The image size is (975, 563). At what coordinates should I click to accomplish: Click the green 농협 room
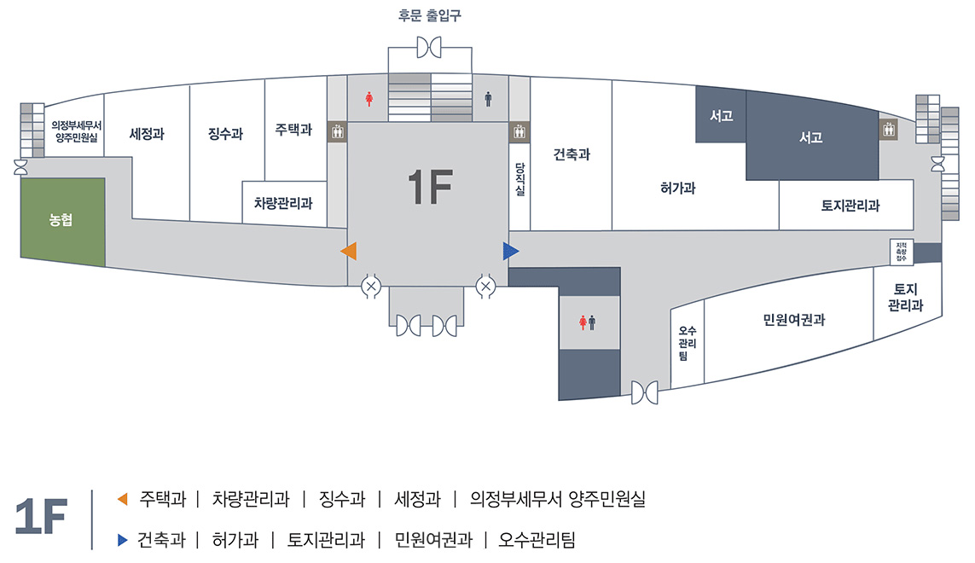(x=63, y=222)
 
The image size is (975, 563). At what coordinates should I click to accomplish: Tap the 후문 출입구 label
(x=430, y=15)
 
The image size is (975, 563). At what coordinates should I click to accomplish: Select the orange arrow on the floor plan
(x=349, y=251)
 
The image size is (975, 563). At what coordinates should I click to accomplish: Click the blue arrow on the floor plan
(x=510, y=251)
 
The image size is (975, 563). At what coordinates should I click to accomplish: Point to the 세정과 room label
(x=147, y=134)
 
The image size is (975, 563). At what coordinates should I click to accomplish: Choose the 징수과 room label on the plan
(x=225, y=134)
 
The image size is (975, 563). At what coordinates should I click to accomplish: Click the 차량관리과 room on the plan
(x=283, y=203)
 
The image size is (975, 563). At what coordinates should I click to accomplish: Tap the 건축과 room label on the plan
(x=572, y=154)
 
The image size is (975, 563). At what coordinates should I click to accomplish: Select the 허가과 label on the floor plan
(x=678, y=188)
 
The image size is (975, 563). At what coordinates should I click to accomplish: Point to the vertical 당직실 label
(x=519, y=179)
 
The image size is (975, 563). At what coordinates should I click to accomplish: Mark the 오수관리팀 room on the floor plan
(x=687, y=344)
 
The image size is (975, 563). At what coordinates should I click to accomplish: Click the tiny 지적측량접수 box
(x=901, y=252)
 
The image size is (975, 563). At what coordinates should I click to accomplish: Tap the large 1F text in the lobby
(x=430, y=187)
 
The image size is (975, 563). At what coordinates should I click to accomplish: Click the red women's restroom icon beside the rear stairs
(x=369, y=98)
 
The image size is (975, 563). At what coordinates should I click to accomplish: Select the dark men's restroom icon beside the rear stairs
(x=488, y=98)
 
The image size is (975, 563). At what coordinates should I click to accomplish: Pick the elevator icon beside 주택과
(x=337, y=132)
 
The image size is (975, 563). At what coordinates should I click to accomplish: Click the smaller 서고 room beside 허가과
(x=721, y=114)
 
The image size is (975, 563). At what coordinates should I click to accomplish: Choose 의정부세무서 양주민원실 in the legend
(x=558, y=499)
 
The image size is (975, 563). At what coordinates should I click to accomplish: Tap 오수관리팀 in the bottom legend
(x=537, y=539)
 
